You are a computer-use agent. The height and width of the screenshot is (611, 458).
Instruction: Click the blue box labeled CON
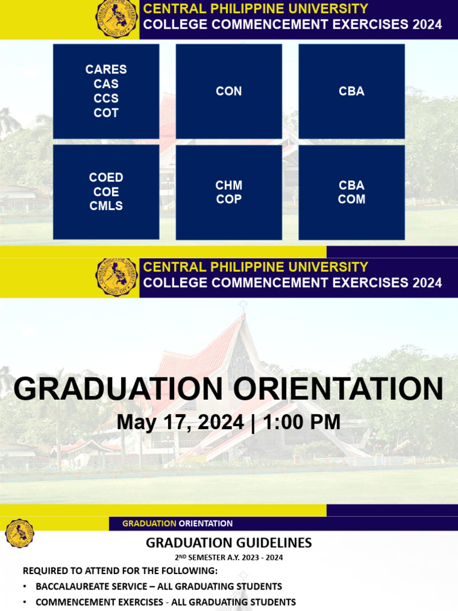228,91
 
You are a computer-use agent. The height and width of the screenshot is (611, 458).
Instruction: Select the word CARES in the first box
106,69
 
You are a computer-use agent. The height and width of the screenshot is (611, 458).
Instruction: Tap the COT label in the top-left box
106,113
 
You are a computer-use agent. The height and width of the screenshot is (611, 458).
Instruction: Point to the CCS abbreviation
106,98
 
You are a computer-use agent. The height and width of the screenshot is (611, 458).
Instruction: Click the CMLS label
106,206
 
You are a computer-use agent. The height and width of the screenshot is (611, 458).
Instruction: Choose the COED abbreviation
106,177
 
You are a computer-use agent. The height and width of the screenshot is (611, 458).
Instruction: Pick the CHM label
229,185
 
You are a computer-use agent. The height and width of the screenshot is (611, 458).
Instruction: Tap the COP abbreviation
229,199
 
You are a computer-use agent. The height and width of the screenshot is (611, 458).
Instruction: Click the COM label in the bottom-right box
351,199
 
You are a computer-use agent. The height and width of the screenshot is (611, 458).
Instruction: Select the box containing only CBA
351,91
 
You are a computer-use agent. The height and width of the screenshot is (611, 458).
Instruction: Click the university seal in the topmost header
117,19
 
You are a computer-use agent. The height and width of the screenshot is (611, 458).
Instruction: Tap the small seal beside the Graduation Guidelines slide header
20,533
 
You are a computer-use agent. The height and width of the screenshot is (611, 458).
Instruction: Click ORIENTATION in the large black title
338,389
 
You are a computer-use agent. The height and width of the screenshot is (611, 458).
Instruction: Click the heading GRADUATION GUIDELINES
229,542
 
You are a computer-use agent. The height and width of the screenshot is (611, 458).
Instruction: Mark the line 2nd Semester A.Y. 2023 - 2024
229,558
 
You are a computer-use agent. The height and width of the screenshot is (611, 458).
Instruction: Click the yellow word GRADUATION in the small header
149,523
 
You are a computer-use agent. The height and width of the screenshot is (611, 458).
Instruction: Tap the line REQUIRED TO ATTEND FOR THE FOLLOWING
120,571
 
